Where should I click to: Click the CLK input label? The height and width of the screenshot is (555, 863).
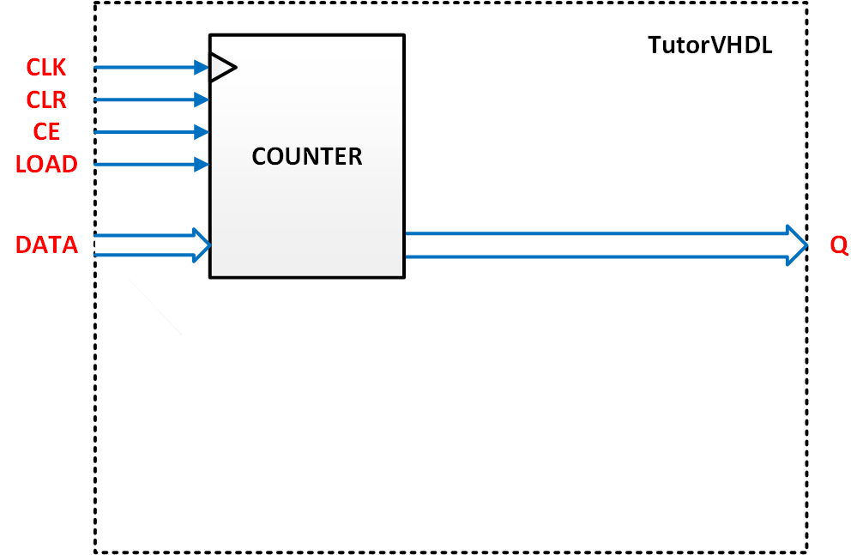click(46, 67)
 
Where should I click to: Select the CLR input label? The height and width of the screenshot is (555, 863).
click(46, 100)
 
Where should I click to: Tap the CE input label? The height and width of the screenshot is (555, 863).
click(46, 132)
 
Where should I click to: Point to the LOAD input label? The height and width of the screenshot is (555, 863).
click(46, 164)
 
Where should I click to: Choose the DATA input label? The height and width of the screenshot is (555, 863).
click(46, 245)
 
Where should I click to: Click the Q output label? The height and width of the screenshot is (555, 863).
click(838, 245)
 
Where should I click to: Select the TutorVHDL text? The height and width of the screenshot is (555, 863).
click(709, 45)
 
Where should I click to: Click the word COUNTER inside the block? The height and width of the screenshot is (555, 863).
click(307, 157)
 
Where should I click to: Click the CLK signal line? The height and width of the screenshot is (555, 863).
click(146, 67)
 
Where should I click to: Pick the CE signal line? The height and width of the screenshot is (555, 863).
click(146, 132)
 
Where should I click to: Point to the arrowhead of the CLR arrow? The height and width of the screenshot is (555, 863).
click(203, 100)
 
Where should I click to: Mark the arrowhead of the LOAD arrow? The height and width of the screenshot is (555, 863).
click(203, 164)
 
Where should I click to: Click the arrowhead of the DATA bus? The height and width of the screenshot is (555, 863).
click(202, 245)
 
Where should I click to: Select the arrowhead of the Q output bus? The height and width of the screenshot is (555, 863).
click(797, 245)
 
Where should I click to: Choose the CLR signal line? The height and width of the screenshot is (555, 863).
click(146, 100)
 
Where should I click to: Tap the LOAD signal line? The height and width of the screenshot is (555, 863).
click(146, 164)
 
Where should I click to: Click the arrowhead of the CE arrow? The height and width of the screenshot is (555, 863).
click(203, 132)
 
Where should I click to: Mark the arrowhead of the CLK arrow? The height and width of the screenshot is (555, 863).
click(203, 67)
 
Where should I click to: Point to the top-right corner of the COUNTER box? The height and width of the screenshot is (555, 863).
click(403, 35)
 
